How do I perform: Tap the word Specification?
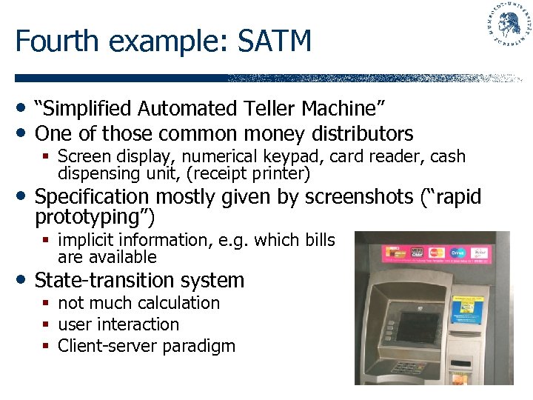(x=92, y=197)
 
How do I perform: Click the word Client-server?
(x=101, y=346)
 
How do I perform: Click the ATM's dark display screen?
(x=419, y=326)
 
